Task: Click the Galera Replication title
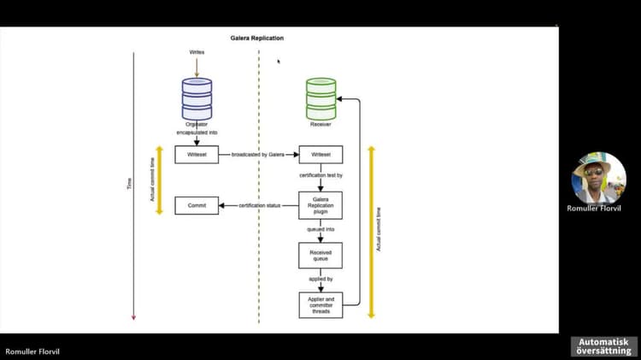pyautogui.click(x=257, y=38)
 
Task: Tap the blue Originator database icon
pyautogui.click(x=197, y=98)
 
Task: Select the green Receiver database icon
pyautogui.click(x=321, y=98)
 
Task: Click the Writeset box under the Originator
pyautogui.click(x=197, y=155)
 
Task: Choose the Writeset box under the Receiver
pyautogui.click(x=320, y=155)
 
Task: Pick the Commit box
pyautogui.click(x=197, y=205)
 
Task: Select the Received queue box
pyautogui.click(x=320, y=256)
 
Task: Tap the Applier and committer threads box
pyautogui.click(x=320, y=304)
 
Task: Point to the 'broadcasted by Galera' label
pyautogui.click(x=257, y=155)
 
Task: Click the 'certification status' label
pyautogui.click(x=260, y=205)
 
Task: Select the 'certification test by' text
pyautogui.click(x=320, y=175)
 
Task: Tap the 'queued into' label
pyautogui.click(x=320, y=230)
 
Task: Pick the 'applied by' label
pyautogui.click(x=320, y=280)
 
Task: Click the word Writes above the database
pyautogui.click(x=197, y=52)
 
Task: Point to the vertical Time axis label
pyautogui.click(x=130, y=184)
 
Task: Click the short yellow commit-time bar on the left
pyautogui.click(x=159, y=180)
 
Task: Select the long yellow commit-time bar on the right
pyautogui.click(x=371, y=231)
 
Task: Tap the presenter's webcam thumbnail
pyautogui.click(x=598, y=177)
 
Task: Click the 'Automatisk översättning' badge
pyautogui.click(x=603, y=346)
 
